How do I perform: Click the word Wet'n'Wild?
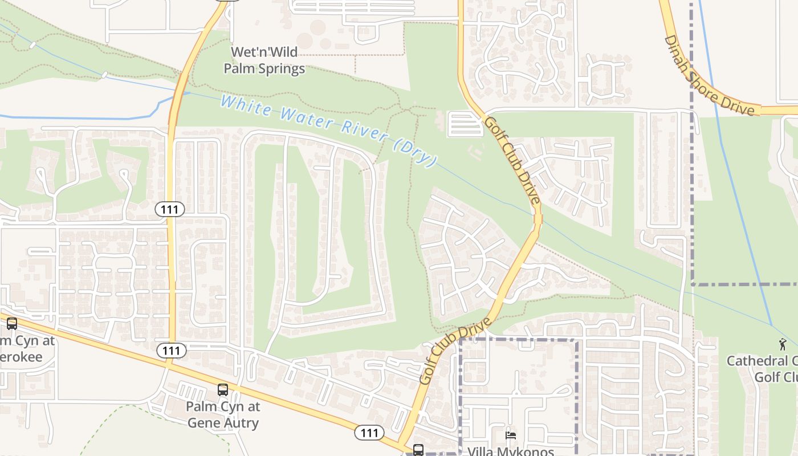264,52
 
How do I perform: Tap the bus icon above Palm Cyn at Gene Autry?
223,390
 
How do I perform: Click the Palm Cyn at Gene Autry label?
223,415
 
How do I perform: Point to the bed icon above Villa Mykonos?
511,435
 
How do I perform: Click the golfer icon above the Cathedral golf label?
783,344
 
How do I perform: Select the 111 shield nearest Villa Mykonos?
369,433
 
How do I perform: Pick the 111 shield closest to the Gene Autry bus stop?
171,351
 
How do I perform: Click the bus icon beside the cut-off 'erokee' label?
12,324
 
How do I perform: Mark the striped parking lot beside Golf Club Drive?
465,124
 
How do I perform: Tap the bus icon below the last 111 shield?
418,450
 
